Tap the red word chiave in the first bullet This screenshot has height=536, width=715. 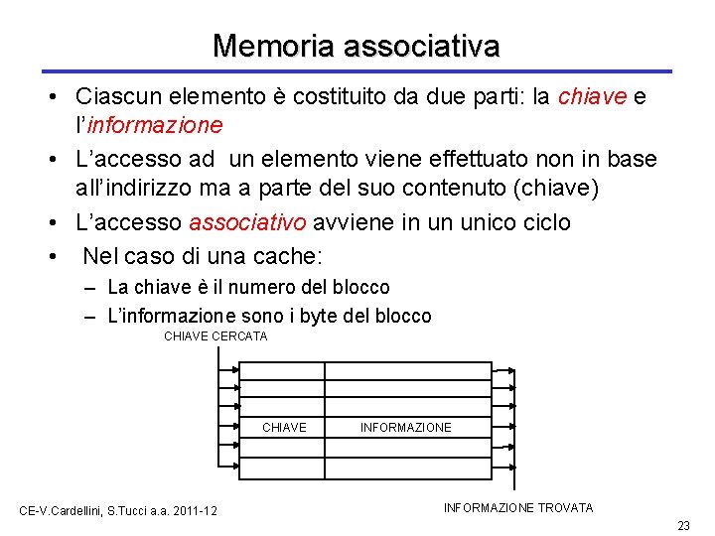pyautogui.click(x=592, y=97)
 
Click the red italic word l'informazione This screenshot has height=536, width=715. pyautogui.click(x=149, y=126)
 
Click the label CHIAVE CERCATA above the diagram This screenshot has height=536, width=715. pyautogui.click(x=215, y=336)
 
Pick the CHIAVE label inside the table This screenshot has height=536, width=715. pyautogui.click(x=284, y=428)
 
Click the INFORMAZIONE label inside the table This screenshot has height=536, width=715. pyautogui.click(x=405, y=428)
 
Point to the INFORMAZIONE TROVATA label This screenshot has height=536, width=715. pyautogui.click(x=517, y=508)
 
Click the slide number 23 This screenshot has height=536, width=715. pyautogui.click(x=682, y=525)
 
